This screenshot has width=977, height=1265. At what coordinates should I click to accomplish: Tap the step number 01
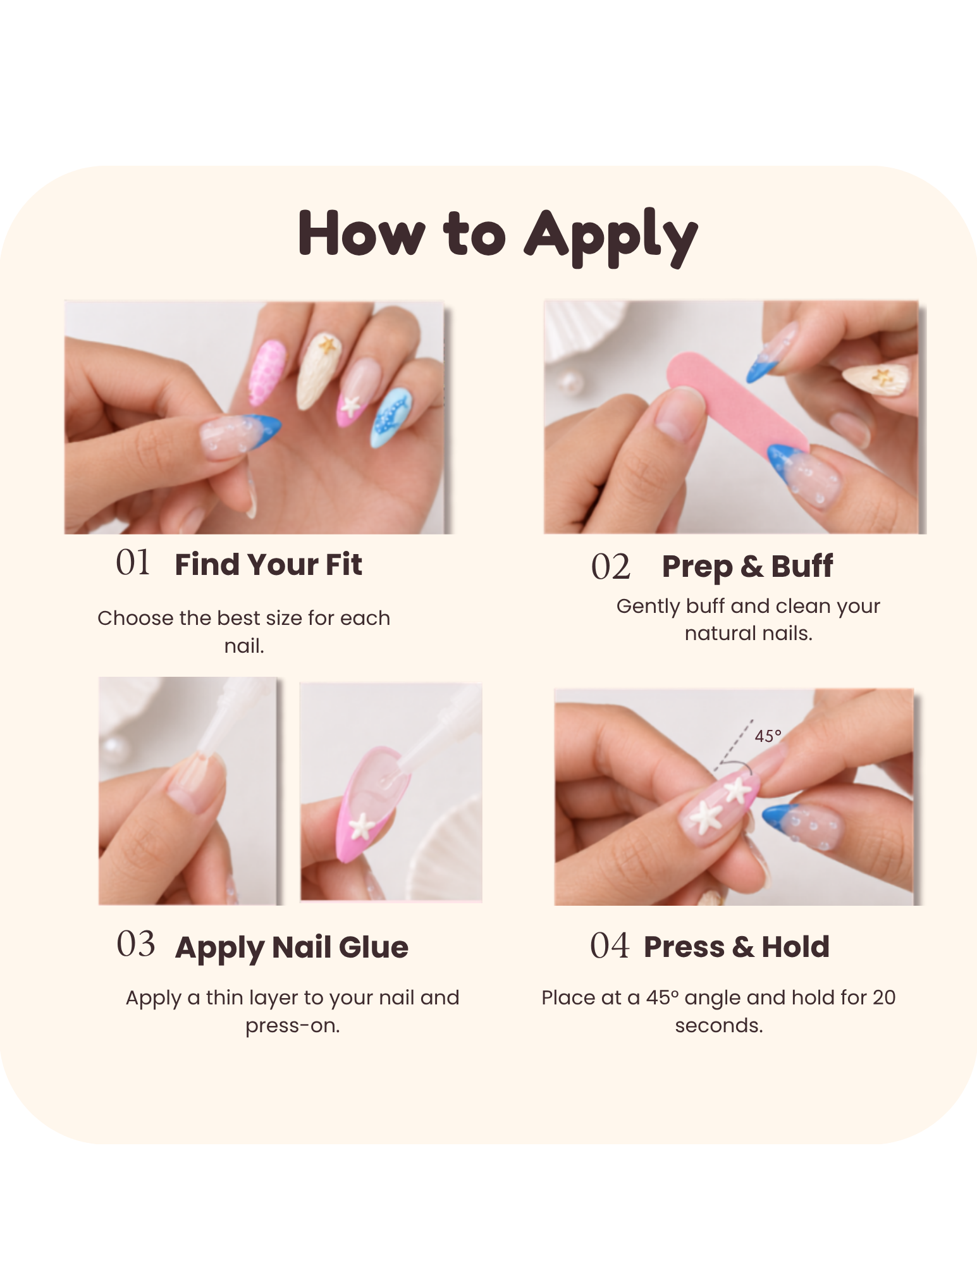click(133, 562)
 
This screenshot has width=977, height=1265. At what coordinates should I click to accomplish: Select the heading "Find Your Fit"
click(268, 564)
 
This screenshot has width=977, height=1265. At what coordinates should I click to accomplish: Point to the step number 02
click(611, 566)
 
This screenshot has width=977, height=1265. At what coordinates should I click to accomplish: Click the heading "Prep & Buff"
click(747, 567)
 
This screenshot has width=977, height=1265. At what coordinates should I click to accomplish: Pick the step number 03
click(135, 944)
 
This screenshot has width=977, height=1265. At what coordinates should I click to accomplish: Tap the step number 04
click(610, 946)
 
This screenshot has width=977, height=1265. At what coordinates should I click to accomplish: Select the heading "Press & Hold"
click(737, 947)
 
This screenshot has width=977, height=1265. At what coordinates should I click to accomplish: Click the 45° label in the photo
click(768, 736)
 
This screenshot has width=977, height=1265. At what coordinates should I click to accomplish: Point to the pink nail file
click(737, 405)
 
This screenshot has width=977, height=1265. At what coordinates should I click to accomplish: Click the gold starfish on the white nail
click(328, 345)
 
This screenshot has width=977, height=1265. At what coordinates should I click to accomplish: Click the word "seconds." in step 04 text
click(719, 1025)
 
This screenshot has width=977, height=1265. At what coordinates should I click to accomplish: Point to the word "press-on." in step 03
click(293, 1026)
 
